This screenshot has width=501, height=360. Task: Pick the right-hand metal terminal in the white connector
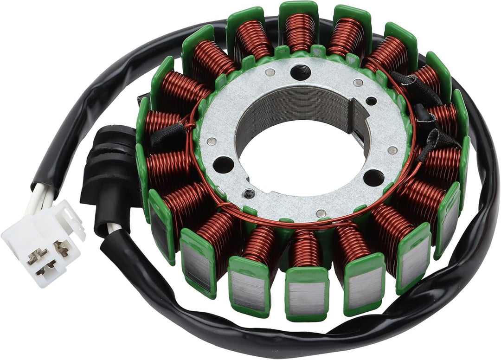(x=61, y=249)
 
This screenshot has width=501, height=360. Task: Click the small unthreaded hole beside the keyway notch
(x=371, y=101)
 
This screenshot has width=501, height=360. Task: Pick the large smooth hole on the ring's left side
(x=224, y=164)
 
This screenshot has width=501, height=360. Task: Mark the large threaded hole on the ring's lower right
(x=374, y=177)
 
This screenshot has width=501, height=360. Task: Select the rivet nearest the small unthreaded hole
(x=358, y=83)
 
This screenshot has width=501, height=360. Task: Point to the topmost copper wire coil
(x=299, y=31)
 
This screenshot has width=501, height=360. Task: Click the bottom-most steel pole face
(x=306, y=297)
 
